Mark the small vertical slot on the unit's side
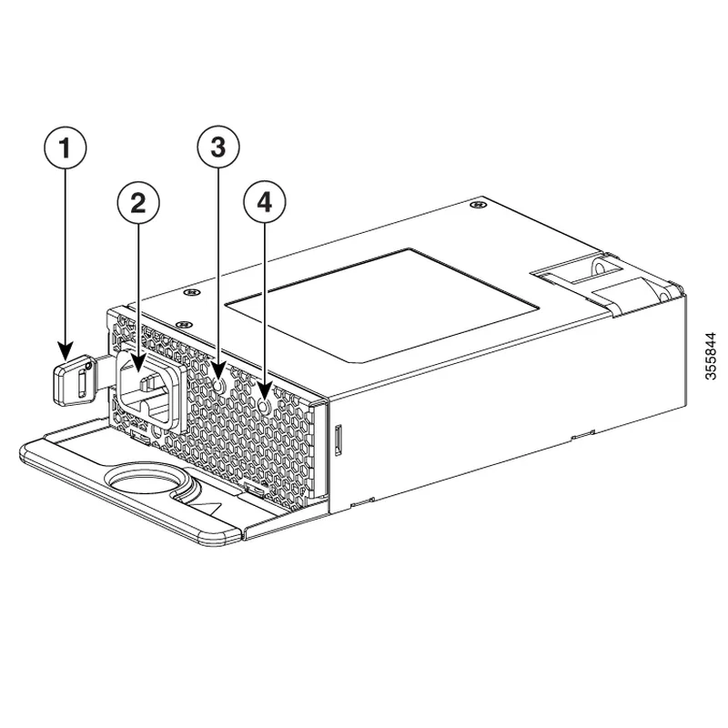click(x=339, y=439)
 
